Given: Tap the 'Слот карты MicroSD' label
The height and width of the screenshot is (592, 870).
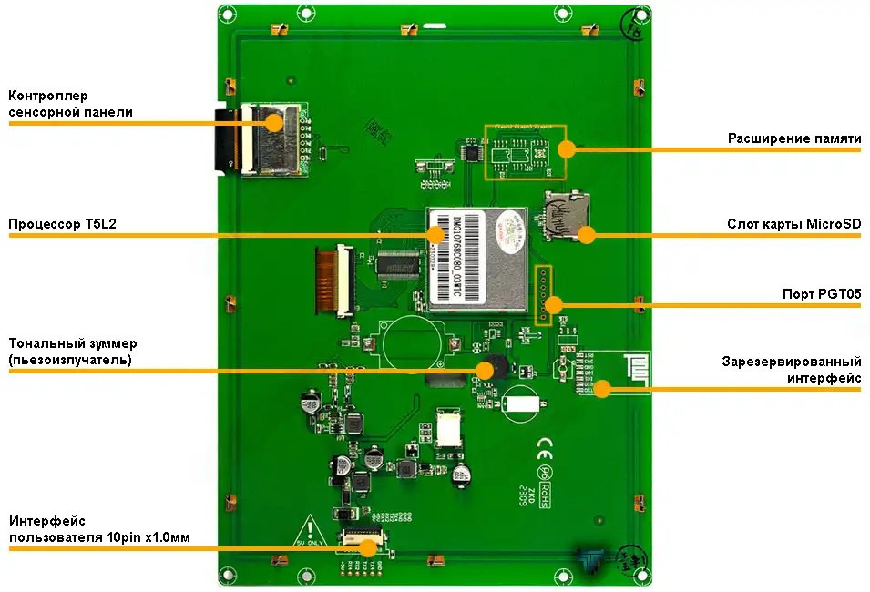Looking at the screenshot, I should tap(793, 224).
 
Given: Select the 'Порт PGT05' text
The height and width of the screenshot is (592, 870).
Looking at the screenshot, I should tap(822, 294).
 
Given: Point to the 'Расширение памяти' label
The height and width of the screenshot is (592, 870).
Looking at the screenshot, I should tap(793, 138).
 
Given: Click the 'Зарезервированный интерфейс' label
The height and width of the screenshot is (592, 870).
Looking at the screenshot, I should tap(791, 369).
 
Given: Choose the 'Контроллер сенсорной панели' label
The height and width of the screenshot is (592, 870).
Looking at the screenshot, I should tap(70, 104).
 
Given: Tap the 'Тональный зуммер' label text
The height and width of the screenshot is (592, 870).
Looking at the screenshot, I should tap(73, 352).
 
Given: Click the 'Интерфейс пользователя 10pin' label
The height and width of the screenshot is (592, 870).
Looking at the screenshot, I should tap(99, 529).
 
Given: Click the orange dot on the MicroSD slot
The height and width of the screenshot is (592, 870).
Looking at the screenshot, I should tap(587, 235).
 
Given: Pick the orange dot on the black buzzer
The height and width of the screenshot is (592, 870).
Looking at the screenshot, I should tap(486, 370).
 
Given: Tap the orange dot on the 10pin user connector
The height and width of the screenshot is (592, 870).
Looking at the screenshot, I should tap(368, 547).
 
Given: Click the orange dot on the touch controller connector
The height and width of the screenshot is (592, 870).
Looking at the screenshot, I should tap(273, 122).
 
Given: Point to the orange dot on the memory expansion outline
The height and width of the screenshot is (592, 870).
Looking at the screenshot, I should tap(567, 148).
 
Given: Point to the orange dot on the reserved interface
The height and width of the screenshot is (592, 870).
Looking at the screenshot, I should tap(602, 390).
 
